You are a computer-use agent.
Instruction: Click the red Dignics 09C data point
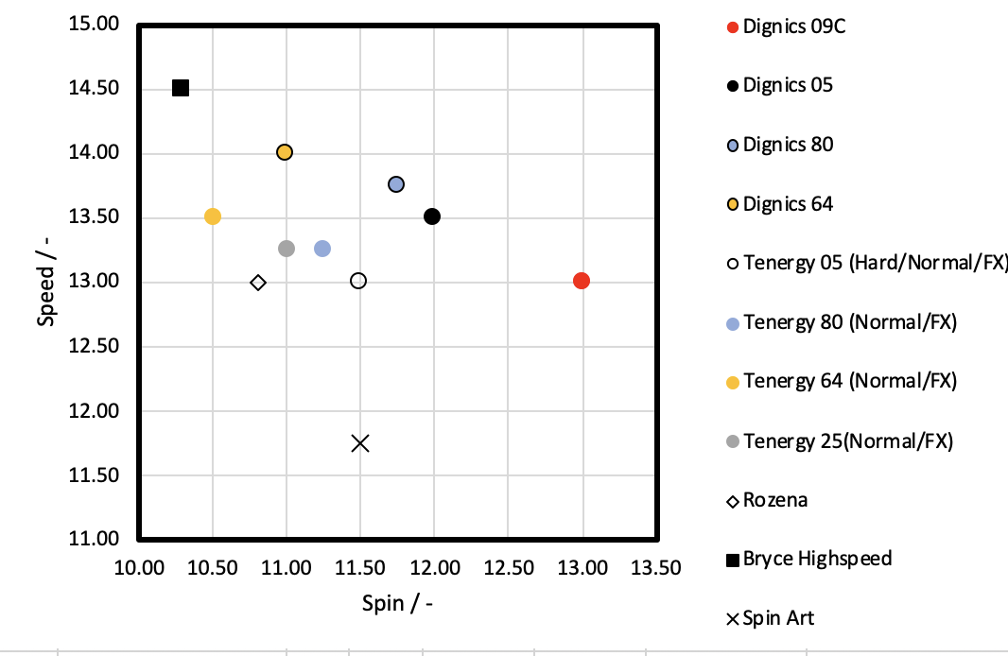582,281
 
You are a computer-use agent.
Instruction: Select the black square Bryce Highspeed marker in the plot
181,88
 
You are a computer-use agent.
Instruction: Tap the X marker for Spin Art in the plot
360,443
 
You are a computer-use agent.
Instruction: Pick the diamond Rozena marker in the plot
258,283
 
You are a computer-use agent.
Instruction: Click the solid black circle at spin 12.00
432,216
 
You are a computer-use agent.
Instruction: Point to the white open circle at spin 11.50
358,281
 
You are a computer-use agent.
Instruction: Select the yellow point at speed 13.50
213,216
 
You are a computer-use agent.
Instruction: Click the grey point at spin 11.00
287,249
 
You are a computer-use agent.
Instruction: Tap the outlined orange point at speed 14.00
285,152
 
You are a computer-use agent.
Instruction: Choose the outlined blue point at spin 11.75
396,184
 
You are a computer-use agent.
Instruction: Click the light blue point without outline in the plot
322,249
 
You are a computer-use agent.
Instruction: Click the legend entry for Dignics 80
788,145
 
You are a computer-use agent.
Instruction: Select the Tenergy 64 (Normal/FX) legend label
850,381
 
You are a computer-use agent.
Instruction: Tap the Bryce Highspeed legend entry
817,559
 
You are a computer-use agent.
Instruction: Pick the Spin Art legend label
778,619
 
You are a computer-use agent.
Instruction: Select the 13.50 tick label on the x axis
655,568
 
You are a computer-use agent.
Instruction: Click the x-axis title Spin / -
397,603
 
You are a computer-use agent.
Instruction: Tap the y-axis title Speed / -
46,282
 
